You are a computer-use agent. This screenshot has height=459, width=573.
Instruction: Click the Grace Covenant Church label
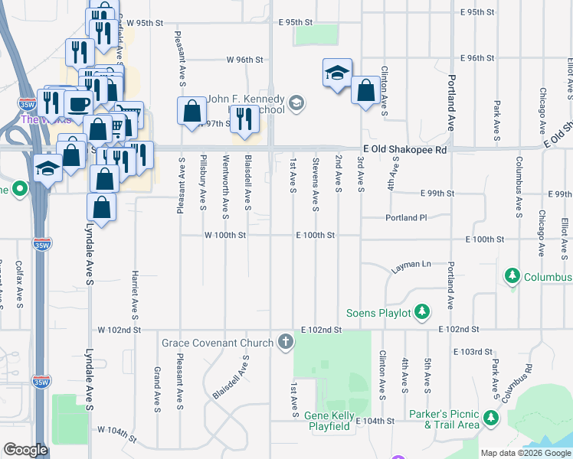point(217,342)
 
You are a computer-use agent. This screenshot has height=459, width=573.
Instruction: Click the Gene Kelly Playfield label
point(333,421)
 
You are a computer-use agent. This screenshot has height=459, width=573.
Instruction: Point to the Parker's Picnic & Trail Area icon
point(490,418)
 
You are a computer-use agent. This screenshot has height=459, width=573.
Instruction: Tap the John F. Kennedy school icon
point(297,102)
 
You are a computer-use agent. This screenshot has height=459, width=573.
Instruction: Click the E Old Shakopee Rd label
point(404,151)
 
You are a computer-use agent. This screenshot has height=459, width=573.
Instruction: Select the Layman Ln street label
point(411,265)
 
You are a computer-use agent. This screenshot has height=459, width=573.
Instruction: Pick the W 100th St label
point(224,236)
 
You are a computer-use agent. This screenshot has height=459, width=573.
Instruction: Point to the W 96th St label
point(244,59)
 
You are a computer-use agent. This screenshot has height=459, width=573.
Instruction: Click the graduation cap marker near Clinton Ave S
point(337,73)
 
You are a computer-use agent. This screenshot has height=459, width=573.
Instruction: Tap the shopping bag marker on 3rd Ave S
point(366,90)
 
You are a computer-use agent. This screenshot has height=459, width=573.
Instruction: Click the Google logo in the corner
point(25,451)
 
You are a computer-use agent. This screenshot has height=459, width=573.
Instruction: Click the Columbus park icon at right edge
point(512,275)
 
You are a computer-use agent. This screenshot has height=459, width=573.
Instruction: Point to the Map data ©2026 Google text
point(525,453)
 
